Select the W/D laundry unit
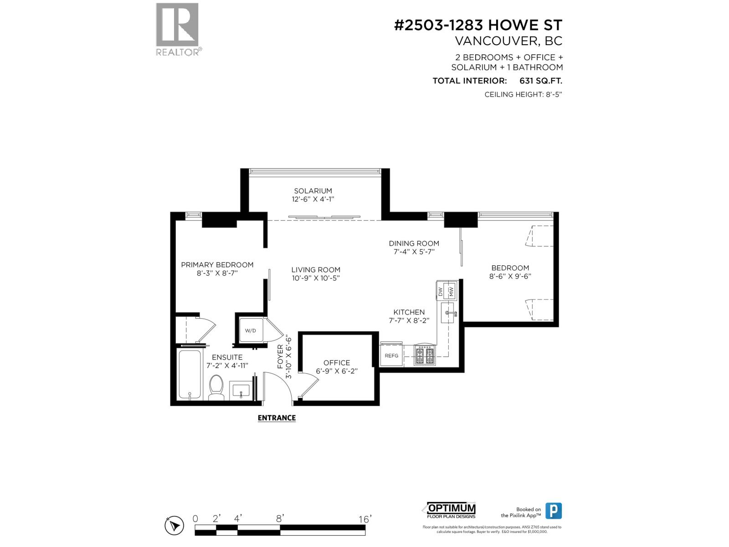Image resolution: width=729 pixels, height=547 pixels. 250,330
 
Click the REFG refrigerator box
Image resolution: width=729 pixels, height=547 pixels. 391,355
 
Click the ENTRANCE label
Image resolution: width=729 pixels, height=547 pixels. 277,418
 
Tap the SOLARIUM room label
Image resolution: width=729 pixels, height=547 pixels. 313,191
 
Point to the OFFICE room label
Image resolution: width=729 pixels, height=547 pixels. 337,363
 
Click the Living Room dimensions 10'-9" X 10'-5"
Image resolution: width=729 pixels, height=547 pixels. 316,278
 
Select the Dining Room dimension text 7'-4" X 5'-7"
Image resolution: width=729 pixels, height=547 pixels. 414,252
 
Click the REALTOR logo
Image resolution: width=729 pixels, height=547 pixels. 178,28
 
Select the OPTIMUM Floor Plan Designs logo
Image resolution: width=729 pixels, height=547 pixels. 451,511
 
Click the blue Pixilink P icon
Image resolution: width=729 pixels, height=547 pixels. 554,511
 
